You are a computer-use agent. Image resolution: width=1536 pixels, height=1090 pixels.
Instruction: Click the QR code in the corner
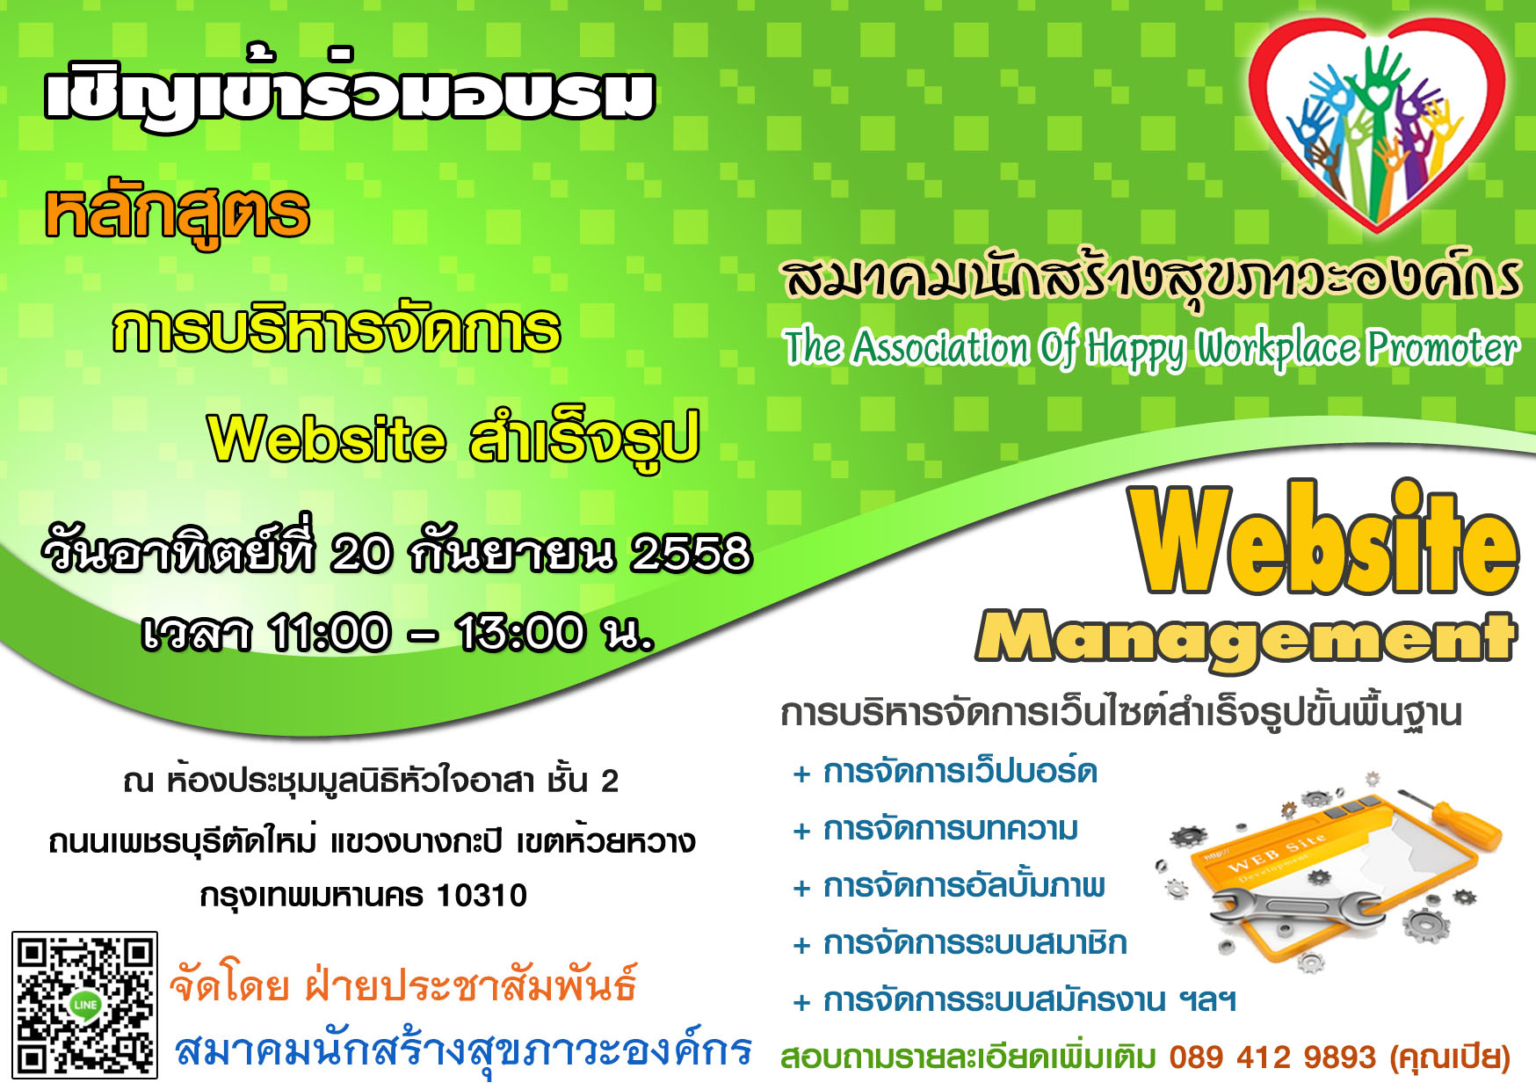(x=84, y=1005)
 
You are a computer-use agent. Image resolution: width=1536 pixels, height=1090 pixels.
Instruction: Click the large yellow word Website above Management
(x=1325, y=538)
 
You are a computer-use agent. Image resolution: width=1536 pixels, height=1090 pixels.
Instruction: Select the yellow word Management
(x=1246, y=637)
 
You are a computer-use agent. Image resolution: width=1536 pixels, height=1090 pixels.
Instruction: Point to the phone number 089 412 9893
(x=1272, y=1057)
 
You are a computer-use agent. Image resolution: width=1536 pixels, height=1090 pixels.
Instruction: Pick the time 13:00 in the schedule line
(x=520, y=632)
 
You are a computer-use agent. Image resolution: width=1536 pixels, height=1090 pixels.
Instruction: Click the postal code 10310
(x=482, y=896)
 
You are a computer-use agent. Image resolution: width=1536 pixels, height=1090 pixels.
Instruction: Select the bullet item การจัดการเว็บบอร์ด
(x=960, y=772)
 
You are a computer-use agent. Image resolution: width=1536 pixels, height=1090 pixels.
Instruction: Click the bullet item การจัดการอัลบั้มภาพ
(x=964, y=885)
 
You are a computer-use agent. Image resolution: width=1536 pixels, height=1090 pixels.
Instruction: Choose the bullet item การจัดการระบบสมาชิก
(x=975, y=943)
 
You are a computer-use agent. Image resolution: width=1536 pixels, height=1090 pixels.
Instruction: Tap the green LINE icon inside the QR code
(x=84, y=1005)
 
